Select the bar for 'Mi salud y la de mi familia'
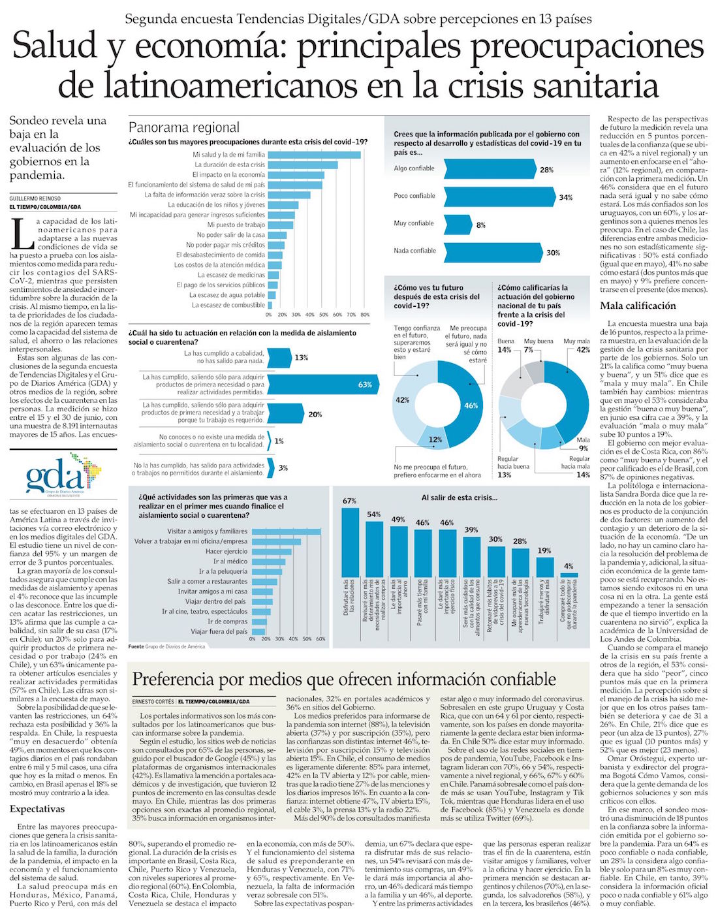coord(314,155)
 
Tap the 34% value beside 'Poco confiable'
coord(565,197)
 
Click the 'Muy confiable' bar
coord(458,224)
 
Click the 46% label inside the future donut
coord(471,405)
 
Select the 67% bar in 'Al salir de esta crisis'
coord(350,541)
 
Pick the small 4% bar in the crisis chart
coord(569,575)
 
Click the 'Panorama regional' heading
coord(184,127)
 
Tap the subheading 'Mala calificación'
coord(638,306)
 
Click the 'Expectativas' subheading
coord(37,809)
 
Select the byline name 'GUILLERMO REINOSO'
coord(35,198)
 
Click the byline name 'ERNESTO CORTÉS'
coord(153,701)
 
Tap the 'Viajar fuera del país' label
coord(219,632)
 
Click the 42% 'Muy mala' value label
coord(582,350)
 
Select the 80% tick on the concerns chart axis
coord(365,314)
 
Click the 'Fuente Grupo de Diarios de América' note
coord(166,646)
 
